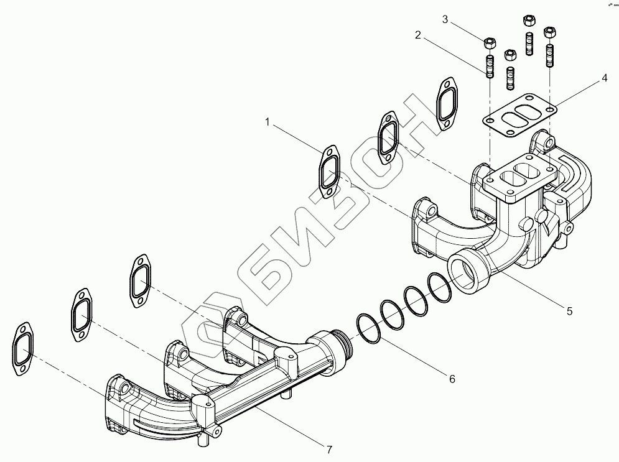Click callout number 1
(268, 122)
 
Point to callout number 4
(604, 79)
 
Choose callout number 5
(569, 310)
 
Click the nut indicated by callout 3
(489, 43)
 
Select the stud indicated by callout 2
(489, 66)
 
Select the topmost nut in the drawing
(529, 20)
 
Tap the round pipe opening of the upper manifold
(467, 270)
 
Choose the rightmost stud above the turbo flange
(550, 54)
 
